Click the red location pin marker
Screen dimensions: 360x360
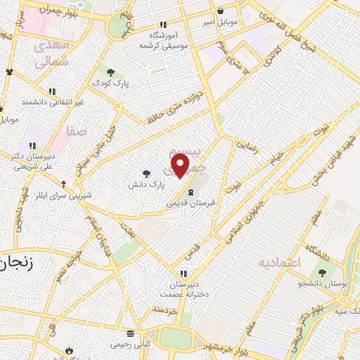pyautogui.click(x=181, y=165)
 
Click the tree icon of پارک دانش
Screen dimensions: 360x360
pyautogui.click(x=146, y=174)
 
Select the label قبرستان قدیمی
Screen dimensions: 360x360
pyautogui.click(x=191, y=202)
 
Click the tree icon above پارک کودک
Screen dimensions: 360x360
pyautogui.click(x=110, y=71)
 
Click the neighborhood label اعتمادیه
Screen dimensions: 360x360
pyautogui.click(x=280, y=262)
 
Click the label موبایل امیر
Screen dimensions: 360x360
pyautogui.click(x=221, y=22)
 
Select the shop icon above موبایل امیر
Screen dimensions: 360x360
pyautogui.click(x=221, y=11)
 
